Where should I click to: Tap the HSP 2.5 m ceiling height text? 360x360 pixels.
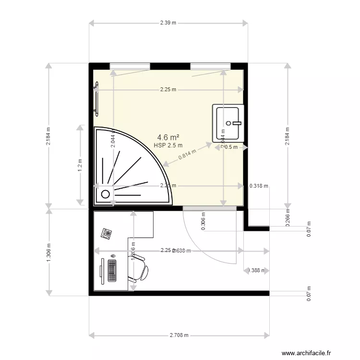(x=168, y=145)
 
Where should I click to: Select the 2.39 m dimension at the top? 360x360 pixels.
(x=168, y=23)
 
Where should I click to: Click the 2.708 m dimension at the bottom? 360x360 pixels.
(x=179, y=336)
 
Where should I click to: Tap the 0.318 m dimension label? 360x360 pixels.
(x=259, y=186)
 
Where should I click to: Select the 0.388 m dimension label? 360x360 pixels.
(x=257, y=270)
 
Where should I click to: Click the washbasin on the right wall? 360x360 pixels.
(x=228, y=123)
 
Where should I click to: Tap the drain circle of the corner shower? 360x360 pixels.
(x=105, y=194)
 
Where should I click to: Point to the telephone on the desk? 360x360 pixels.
(x=106, y=234)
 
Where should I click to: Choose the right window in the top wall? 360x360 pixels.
(x=209, y=66)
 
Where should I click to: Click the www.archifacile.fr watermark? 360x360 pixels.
(x=306, y=353)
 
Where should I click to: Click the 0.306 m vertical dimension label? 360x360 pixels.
(x=203, y=222)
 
